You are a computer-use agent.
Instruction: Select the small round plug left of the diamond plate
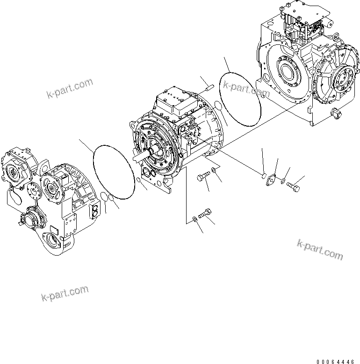pyautogui.click(x=264, y=176)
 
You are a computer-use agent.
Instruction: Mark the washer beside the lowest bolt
pyautogui.click(x=194, y=218)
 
